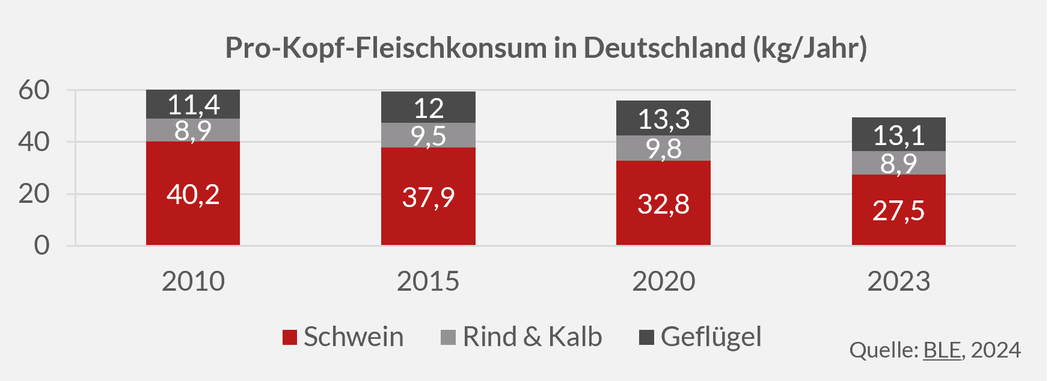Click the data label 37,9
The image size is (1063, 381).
(428, 197)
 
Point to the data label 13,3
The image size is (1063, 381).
(663, 119)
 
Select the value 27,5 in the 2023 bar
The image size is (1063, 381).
(898, 211)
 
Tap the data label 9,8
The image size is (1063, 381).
(663, 149)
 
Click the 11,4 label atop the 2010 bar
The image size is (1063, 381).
(193, 105)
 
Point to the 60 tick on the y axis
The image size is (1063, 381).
(34, 90)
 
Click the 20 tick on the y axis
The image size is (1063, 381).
(34, 194)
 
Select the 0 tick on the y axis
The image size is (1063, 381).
(41, 246)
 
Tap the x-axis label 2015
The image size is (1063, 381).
(427, 281)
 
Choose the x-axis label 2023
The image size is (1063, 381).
(898, 281)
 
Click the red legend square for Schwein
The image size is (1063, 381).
(290, 338)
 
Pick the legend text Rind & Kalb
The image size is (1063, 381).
(532, 337)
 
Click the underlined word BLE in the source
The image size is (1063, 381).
(942, 350)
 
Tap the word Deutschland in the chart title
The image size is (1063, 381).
(664, 48)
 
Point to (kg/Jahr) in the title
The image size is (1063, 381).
(810, 48)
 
